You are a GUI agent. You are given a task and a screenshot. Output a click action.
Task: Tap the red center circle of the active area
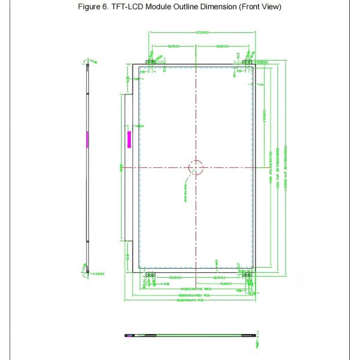[196, 167]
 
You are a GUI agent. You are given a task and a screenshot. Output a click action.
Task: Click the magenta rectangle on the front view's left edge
[128, 140]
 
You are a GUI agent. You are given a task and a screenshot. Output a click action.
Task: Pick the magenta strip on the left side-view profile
[87, 139]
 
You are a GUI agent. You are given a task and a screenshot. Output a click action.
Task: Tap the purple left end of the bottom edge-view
[128, 334]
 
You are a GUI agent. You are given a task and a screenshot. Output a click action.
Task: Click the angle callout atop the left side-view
[93, 59]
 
